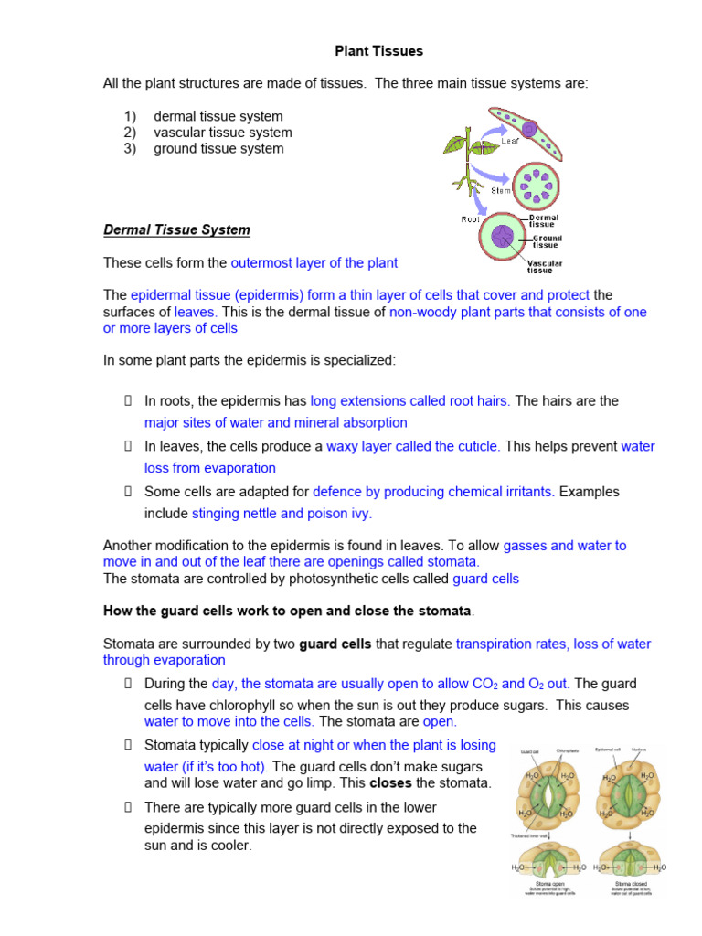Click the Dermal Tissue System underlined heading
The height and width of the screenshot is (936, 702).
[176, 229]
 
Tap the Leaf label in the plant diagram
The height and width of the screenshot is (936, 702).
[509, 142]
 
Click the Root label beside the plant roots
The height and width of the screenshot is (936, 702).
[470, 218]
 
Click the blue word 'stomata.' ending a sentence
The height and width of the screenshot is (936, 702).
[454, 561]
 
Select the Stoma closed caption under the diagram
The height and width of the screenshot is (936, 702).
[631, 884]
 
